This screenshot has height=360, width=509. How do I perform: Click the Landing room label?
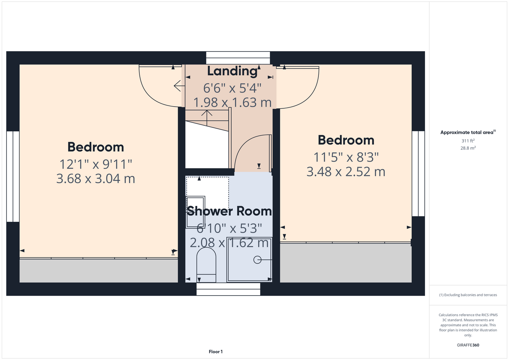point(232,71)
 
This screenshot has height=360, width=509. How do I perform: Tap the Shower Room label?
point(229,211)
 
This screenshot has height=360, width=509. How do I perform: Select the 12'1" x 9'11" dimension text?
point(96,164)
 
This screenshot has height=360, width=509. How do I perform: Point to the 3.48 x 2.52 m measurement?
point(346,172)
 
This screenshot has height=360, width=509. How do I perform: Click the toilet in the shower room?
point(206,265)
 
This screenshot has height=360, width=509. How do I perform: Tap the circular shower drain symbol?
point(257,260)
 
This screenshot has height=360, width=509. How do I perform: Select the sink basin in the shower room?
point(195,212)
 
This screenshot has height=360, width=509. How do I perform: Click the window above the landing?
point(238,58)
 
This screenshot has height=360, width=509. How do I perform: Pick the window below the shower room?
point(228,289)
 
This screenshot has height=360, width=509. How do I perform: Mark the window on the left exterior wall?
point(13,176)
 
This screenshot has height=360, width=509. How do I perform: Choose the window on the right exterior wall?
point(418,174)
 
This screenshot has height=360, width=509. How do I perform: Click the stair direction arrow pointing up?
point(207,118)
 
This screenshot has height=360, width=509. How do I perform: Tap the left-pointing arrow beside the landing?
point(179,86)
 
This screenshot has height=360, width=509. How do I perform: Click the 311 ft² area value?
point(468,141)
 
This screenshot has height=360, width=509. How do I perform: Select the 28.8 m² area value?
point(468,148)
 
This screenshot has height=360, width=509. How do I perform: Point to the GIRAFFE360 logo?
point(468,345)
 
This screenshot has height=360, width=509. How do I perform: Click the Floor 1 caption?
point(216,352)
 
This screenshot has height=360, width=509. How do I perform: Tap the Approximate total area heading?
point(468,132)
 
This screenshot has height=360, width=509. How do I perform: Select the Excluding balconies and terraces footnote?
point(468,295)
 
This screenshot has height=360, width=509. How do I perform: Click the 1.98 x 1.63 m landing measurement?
point(232,103)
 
